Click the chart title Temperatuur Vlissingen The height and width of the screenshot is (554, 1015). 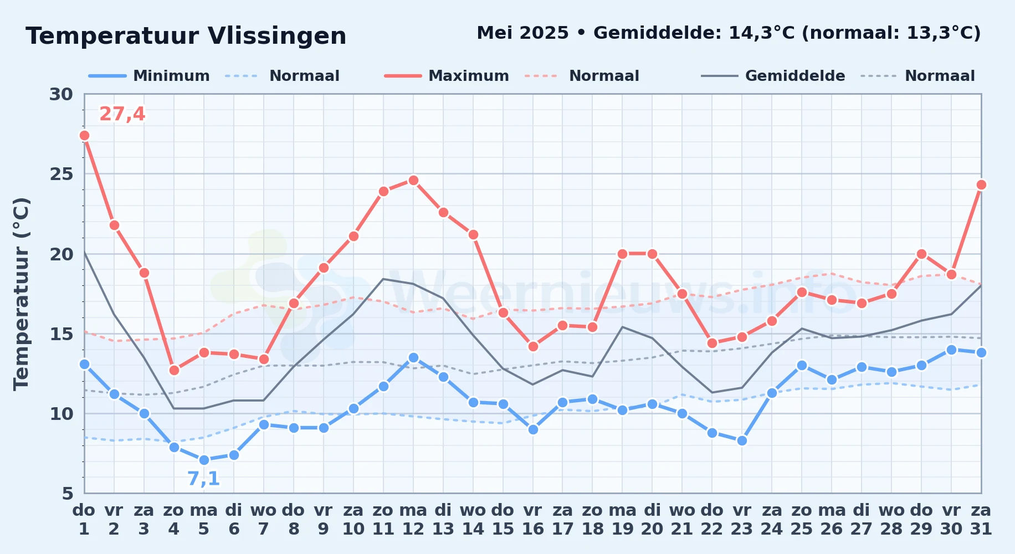click(x=186, y=36)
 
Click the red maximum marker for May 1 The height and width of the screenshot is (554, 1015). click(x=84, y=135)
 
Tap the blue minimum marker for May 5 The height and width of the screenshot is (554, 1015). click(x=204, y=460)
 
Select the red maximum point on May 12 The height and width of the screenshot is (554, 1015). click(x=413, y=180)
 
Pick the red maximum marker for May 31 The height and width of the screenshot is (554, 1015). click(x=981, y=184)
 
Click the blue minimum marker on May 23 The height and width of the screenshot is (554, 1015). click(x=742, y=440)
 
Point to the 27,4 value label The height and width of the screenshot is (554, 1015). click(x=122, y=114)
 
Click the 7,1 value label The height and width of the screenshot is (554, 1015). click(x=203, y=479)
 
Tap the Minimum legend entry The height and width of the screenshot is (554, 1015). click(x=150, y=76)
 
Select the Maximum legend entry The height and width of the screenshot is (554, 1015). click(x=447, y=76)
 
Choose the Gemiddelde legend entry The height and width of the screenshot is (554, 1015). click(x=773, y=76)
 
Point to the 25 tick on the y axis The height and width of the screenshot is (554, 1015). click(x=61, y=174)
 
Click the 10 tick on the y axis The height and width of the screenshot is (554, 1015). click(x=61, y=414)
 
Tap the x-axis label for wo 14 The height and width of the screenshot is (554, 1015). click(x=473, y=519)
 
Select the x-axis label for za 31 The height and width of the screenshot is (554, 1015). click(x=981, y=519)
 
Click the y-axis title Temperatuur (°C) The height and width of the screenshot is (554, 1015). click(x=21, y=294)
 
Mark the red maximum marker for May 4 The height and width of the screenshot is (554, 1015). click(x=174, y=370)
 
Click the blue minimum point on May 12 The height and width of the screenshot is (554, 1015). click(x=413, y=357)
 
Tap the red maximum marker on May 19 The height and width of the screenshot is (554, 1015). click(x=622, y=254)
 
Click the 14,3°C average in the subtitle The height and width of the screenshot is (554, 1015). click(x=762, y=33)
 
